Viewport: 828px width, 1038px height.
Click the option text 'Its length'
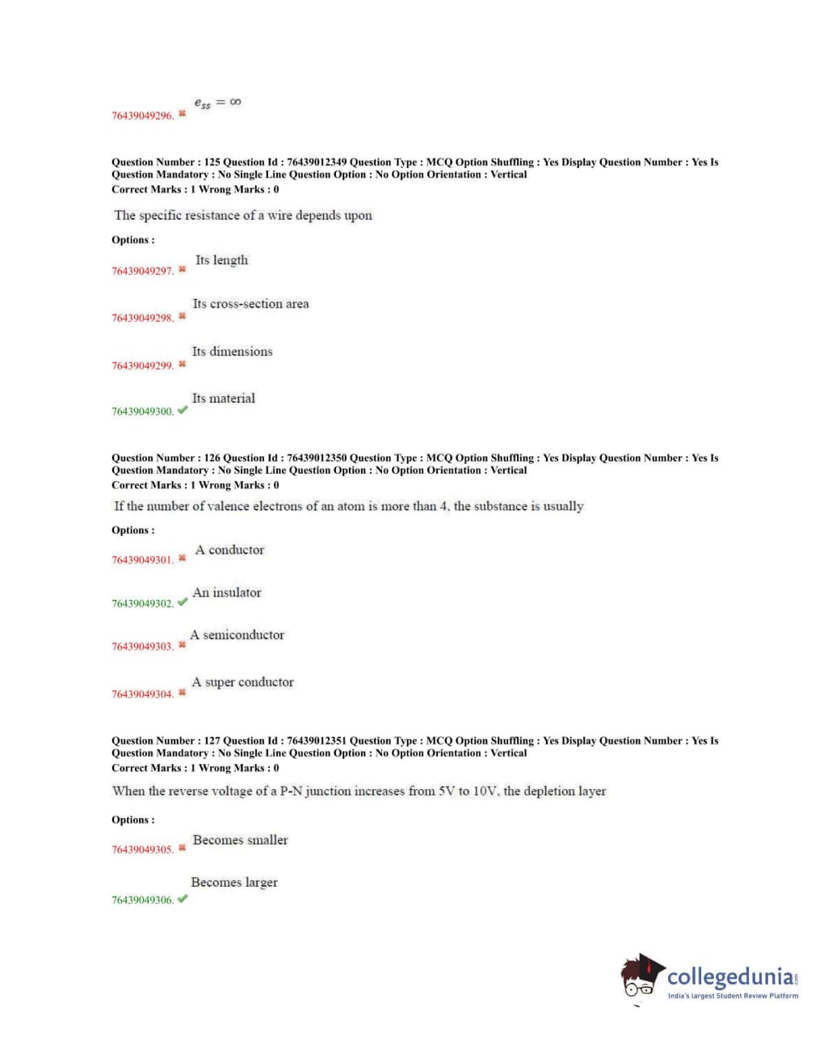pos(221,260)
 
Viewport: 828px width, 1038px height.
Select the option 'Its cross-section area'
pos(250,304)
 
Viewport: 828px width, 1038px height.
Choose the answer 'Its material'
pos(223,399)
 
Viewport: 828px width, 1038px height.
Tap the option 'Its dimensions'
pos(232,352)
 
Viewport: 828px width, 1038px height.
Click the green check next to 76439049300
pos(183,410)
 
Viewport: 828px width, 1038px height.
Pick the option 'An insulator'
pos(227,593)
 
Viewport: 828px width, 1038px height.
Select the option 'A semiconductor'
pos(237,635)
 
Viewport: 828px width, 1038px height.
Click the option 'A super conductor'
pos(242,682)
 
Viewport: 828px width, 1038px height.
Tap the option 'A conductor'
pos(229,550)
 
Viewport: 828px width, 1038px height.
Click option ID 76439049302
pos(142,604)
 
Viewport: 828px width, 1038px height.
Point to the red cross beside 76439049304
pos(183,693)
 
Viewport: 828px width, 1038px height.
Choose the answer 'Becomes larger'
pos(234,883)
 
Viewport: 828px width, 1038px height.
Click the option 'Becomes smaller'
pos(240,840)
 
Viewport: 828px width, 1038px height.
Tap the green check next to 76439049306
pos(183,899)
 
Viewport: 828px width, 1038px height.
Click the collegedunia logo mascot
pos(641,977)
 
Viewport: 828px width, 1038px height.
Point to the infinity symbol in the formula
pos(235,102)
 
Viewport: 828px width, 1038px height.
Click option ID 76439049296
pos(142,116)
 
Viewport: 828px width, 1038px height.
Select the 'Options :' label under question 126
pos(133,530)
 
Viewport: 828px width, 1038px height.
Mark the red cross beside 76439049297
pos(183,269)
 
